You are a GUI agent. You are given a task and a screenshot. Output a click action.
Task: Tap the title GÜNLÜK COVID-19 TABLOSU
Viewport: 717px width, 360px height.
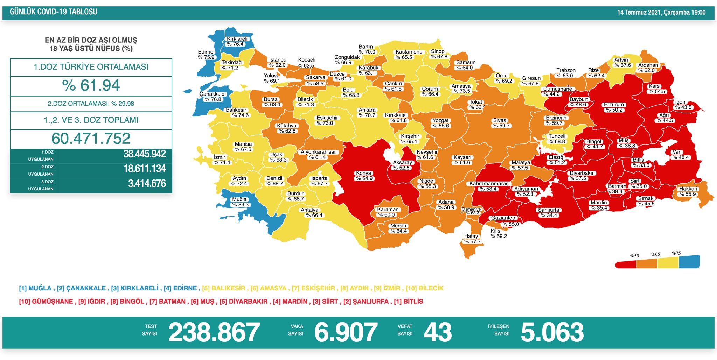pos(53,12)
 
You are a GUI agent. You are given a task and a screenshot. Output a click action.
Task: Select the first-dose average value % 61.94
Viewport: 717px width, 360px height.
pos(91,86)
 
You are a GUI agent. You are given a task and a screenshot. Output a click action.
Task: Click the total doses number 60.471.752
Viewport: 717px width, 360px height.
pos(91,139)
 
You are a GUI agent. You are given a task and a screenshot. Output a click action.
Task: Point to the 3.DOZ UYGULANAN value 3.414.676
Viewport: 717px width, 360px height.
pos(147,184)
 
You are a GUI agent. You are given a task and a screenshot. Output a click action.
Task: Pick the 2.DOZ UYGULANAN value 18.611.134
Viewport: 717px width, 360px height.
pos(145,169)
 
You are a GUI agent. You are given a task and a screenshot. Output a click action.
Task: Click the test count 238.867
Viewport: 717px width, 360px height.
pos(214,332)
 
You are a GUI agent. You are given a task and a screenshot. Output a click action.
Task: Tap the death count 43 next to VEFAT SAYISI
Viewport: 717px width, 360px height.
pos(438,332)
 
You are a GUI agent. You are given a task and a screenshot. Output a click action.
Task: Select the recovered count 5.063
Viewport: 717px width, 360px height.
pos(552,332)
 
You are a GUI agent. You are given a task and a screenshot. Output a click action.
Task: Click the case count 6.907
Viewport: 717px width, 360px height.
pos(346,332)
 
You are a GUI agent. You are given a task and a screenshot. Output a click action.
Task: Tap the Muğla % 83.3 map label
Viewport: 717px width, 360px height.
pos(240,202)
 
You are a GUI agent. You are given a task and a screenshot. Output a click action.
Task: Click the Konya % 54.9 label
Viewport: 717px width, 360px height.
pos(364,176)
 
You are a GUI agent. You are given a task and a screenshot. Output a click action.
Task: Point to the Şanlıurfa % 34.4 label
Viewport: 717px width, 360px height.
pos(549,213)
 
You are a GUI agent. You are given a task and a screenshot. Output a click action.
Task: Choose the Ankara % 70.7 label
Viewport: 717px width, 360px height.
pos(367,113)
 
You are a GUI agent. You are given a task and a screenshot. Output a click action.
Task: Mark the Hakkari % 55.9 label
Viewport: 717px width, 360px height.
pos(688,191)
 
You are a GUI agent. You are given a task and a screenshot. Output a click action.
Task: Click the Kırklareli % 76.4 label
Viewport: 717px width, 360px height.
pos(237,42)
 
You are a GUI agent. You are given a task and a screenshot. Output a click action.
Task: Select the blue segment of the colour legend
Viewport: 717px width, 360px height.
pos(689,262)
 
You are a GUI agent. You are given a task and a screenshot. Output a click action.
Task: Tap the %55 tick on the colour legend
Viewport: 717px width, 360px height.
pos(634,256)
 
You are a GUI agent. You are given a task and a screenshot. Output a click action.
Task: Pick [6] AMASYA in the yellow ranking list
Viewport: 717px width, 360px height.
pos(269,288)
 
